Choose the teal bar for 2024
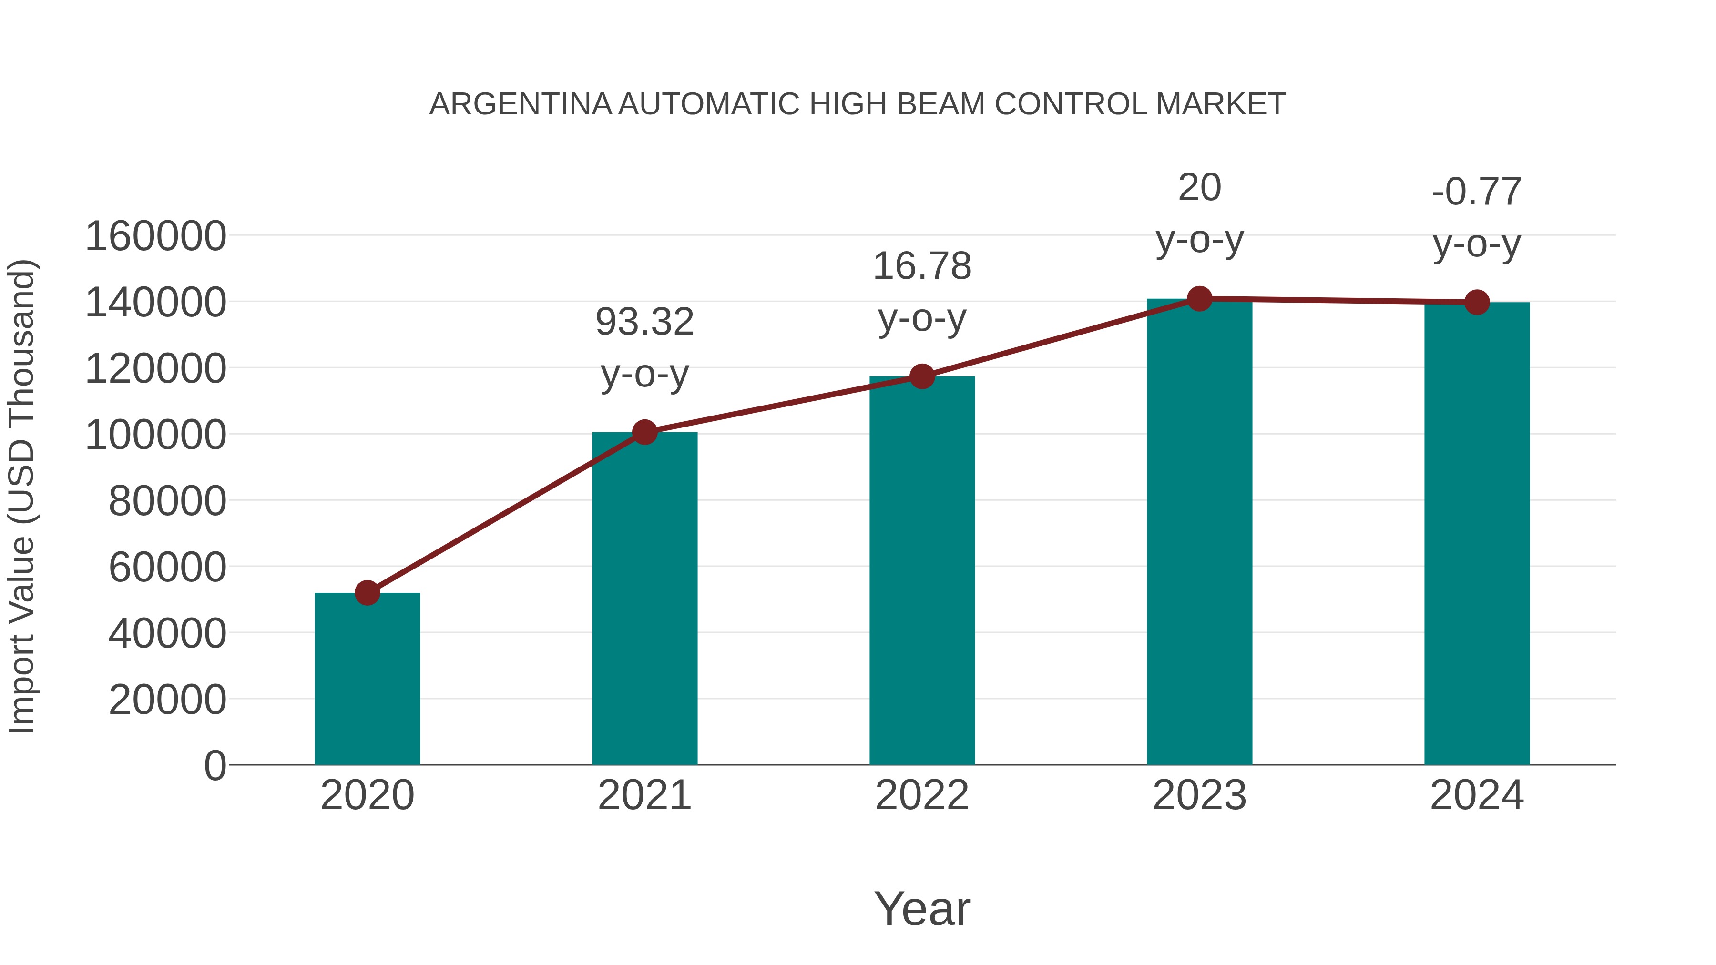pos(1477,533)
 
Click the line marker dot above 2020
pos(367,592)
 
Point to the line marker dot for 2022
pos(922,376)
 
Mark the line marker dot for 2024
pos(1477,302)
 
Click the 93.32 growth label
pos(644,322)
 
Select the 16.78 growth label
pos(922,266)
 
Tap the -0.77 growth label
pos(1477,193)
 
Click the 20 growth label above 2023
pos(1199,188)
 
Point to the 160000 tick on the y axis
pos(156,236)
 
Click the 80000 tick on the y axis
pos(167,501)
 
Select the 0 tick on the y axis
pos(215,765)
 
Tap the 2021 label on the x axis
pos(644,795)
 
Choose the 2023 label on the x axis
pos(1199,795)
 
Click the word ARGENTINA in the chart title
pos(520,104)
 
